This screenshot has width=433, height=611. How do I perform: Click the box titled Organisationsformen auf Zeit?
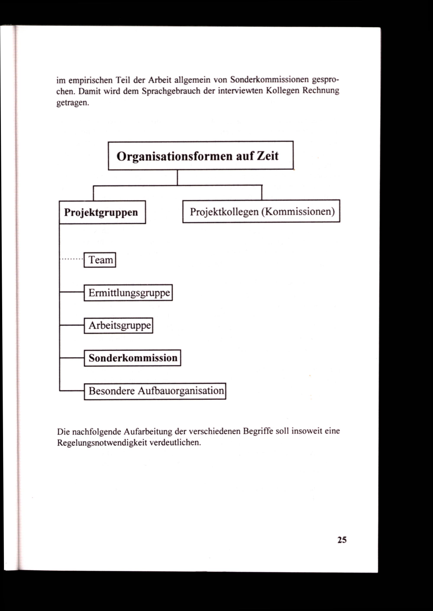(x=200, y=156)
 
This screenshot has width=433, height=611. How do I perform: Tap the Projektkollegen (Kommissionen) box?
(x=261, y=211)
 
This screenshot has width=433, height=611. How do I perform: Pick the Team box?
(x=100, y=260)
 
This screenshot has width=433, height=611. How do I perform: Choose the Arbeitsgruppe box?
(x=118, y=325)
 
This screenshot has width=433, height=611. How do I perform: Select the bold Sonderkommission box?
(x=132, y=358)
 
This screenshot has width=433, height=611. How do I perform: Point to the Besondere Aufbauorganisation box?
(x=155, y=391)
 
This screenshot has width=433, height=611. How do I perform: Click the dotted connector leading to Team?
(x=71, y=259)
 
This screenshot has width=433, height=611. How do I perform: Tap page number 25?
(x=342, y=540)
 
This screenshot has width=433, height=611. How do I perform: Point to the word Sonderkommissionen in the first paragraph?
(x=269, y=79)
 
